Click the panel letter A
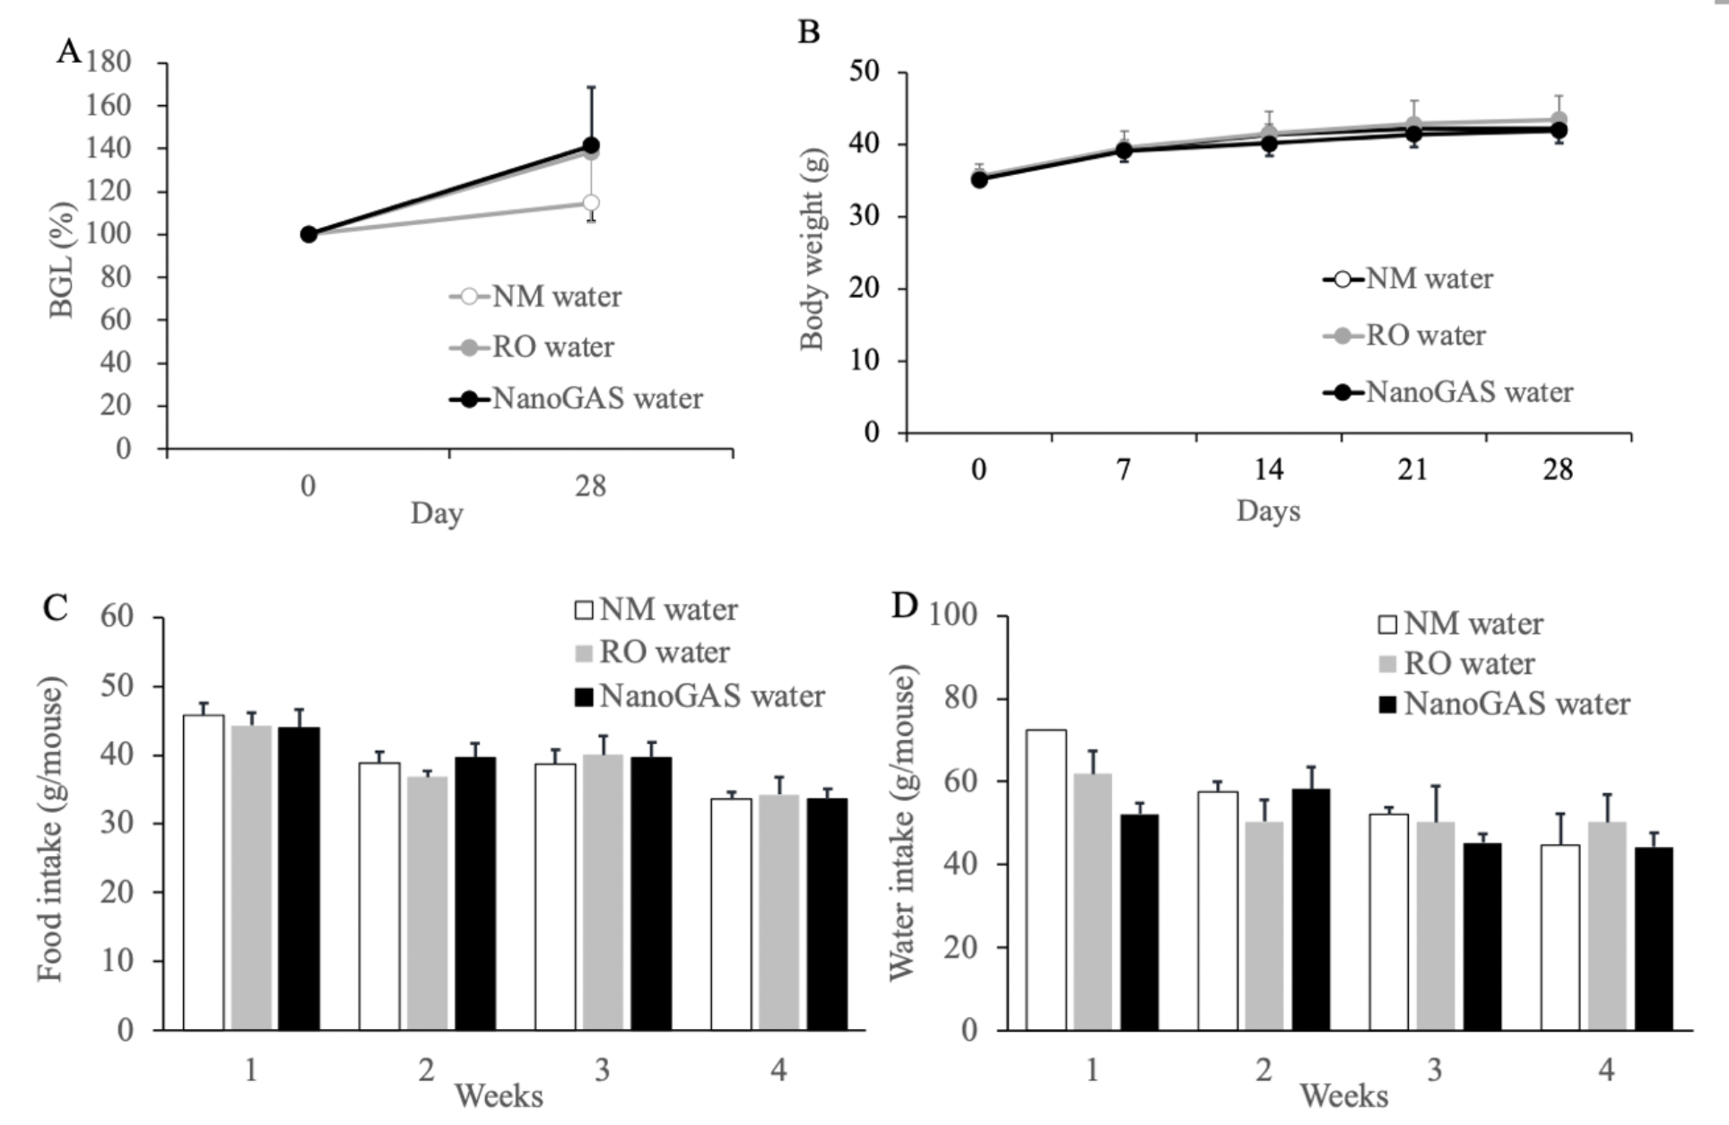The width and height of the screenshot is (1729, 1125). pos(68,51)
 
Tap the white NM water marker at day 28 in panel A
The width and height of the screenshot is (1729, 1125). pos(590,203)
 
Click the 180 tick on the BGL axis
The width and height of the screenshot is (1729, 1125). pos(109,62)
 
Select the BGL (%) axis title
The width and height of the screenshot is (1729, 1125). pos(62,259)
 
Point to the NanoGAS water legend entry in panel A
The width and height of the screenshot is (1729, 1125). pos(578,398)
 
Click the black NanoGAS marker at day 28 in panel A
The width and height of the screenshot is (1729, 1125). pos(591,145)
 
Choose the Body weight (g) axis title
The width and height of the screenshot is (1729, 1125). pos(812,249)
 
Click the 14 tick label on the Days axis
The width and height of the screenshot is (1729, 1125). pos(1268,469)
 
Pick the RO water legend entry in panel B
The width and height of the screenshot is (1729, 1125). pos(1405,336)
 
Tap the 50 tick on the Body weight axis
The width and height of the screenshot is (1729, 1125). pos(865,72)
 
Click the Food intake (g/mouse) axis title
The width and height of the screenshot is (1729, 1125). pos(51,829)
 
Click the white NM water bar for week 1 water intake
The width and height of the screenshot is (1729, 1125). pos(1046,879)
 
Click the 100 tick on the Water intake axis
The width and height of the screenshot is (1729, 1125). pos(953,616)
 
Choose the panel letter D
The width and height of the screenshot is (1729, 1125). pos(905,606)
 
